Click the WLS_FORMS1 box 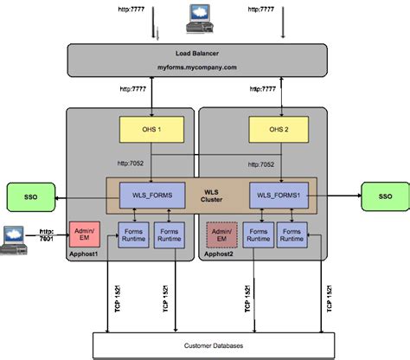[x=279, y=196]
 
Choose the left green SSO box [x=29, y=196]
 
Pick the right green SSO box [x=385, y=196]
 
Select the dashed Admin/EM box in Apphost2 [x=221, y=235]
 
